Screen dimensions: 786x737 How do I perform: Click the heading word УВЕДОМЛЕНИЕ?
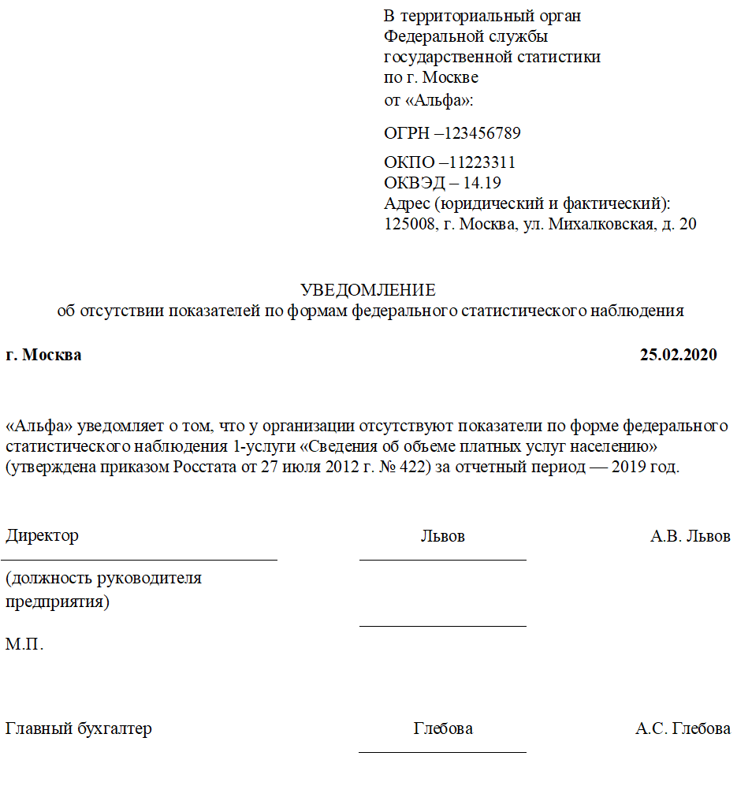pyautogui.click(x=367, y=290)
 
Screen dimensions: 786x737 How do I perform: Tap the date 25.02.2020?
pyautogui.click(x=678, y=355)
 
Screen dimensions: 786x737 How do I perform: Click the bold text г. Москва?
pyautogui.click(x=43, y=355)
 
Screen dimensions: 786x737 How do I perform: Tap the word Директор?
pyautogui.click(x=43, y=536)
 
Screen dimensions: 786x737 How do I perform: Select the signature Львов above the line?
pyautogui.click(x=442, y=536)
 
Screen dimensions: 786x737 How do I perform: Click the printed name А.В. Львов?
pyautogui.click(x=690, y=536)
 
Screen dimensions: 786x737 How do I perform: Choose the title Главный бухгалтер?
pyautogui.click(x=79, y=729)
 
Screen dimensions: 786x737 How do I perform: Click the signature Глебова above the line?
pyautogui.click(x=443, y=729)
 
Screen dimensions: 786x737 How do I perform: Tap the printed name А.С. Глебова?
pyautogui.click(x=683, y=729)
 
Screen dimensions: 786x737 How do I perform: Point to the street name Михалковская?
pyautogui.click(x=600, y=225)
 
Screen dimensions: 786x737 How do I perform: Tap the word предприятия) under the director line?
pyautogui.click(x=58, y=602)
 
